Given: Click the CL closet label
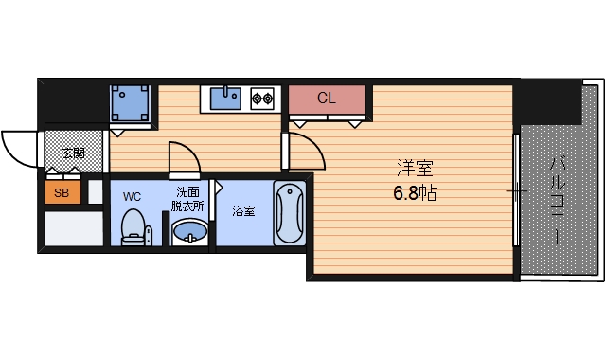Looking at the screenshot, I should tap(326, 98).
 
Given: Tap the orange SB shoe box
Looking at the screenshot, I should tap(62, 193).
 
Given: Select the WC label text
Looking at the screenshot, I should tap(132, 196).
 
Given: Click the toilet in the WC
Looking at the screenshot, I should tap(134, 226).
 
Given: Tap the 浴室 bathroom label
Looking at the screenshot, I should tap(243, 211).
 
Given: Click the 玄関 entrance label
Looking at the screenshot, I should tap(73, 153).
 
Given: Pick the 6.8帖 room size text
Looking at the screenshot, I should tap(415, 192).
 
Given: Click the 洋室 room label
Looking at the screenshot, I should tap(414, 170).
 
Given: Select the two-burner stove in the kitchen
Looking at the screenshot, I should tap(262, 97).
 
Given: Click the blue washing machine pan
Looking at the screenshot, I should tap(131, 101).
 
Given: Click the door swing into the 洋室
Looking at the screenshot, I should tap(301, 152).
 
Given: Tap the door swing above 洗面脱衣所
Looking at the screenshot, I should tap(182, 158).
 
